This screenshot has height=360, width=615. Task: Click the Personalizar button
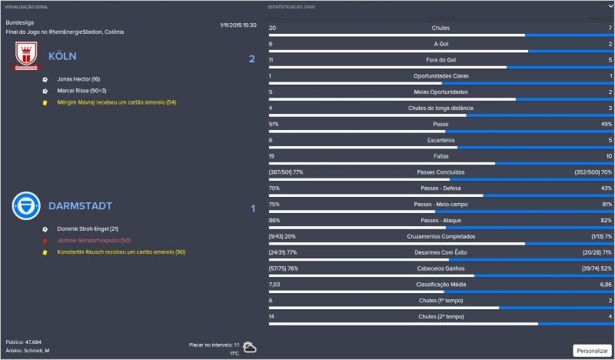pyautogui.click(x=592, y=350)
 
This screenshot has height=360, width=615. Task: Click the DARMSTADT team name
pyautogui.click(x=80, y=206)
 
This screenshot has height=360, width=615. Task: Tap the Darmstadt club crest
pyautogui.click(x=27, y=206)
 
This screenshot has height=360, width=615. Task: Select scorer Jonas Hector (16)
pyautogui.click(x=78, y=79)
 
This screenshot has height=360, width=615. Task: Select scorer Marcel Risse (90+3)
pyautogui.click(x=82, y=91)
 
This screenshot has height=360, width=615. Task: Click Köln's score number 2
pyautogui.click(x=251, y=59)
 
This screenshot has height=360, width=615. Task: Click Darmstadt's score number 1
pyautogui.click(x=253, y=208)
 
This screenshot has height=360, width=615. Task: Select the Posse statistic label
pyautogui.click(x=440, y=124)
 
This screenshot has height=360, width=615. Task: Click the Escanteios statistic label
pyautogui.click(x=440, y=140)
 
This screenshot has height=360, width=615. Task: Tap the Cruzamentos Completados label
pyautogui.click(x=440, y=236)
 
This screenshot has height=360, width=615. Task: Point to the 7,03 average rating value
pyautogui.click(x=275, y=284)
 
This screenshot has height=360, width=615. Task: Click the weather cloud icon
pyautogui.click(x=250, y=348)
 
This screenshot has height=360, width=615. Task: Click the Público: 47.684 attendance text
pyautogui.click(x=24, y=342)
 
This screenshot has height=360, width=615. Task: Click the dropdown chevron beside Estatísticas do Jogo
pyautogui.click(x=609, y=6)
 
